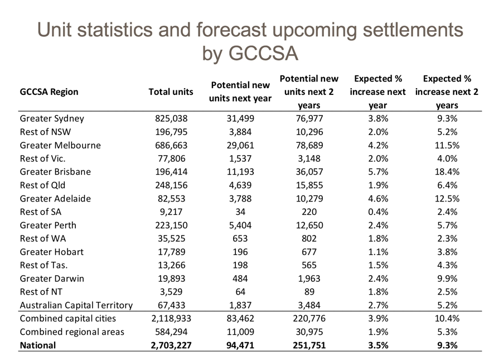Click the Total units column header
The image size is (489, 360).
[x=171, y=92]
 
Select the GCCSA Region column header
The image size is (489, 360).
[x=49, y=92]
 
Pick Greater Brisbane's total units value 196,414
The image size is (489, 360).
[x=171, y=172]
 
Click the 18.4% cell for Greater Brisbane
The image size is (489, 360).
[x=447, y=172]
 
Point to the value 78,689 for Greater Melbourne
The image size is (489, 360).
[x=307, y=146]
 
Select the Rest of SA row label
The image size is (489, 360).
[x=41, y=212]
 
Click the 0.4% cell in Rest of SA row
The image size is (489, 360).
[x=377, y=212]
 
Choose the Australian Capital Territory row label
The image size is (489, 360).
[x=76, y=305]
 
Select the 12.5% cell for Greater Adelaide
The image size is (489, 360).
[x=447, y=199]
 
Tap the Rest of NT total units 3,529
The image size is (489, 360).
[x=171, y=292]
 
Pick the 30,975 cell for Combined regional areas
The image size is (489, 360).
[x=307, y=332]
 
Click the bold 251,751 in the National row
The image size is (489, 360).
[x=307, y=345]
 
